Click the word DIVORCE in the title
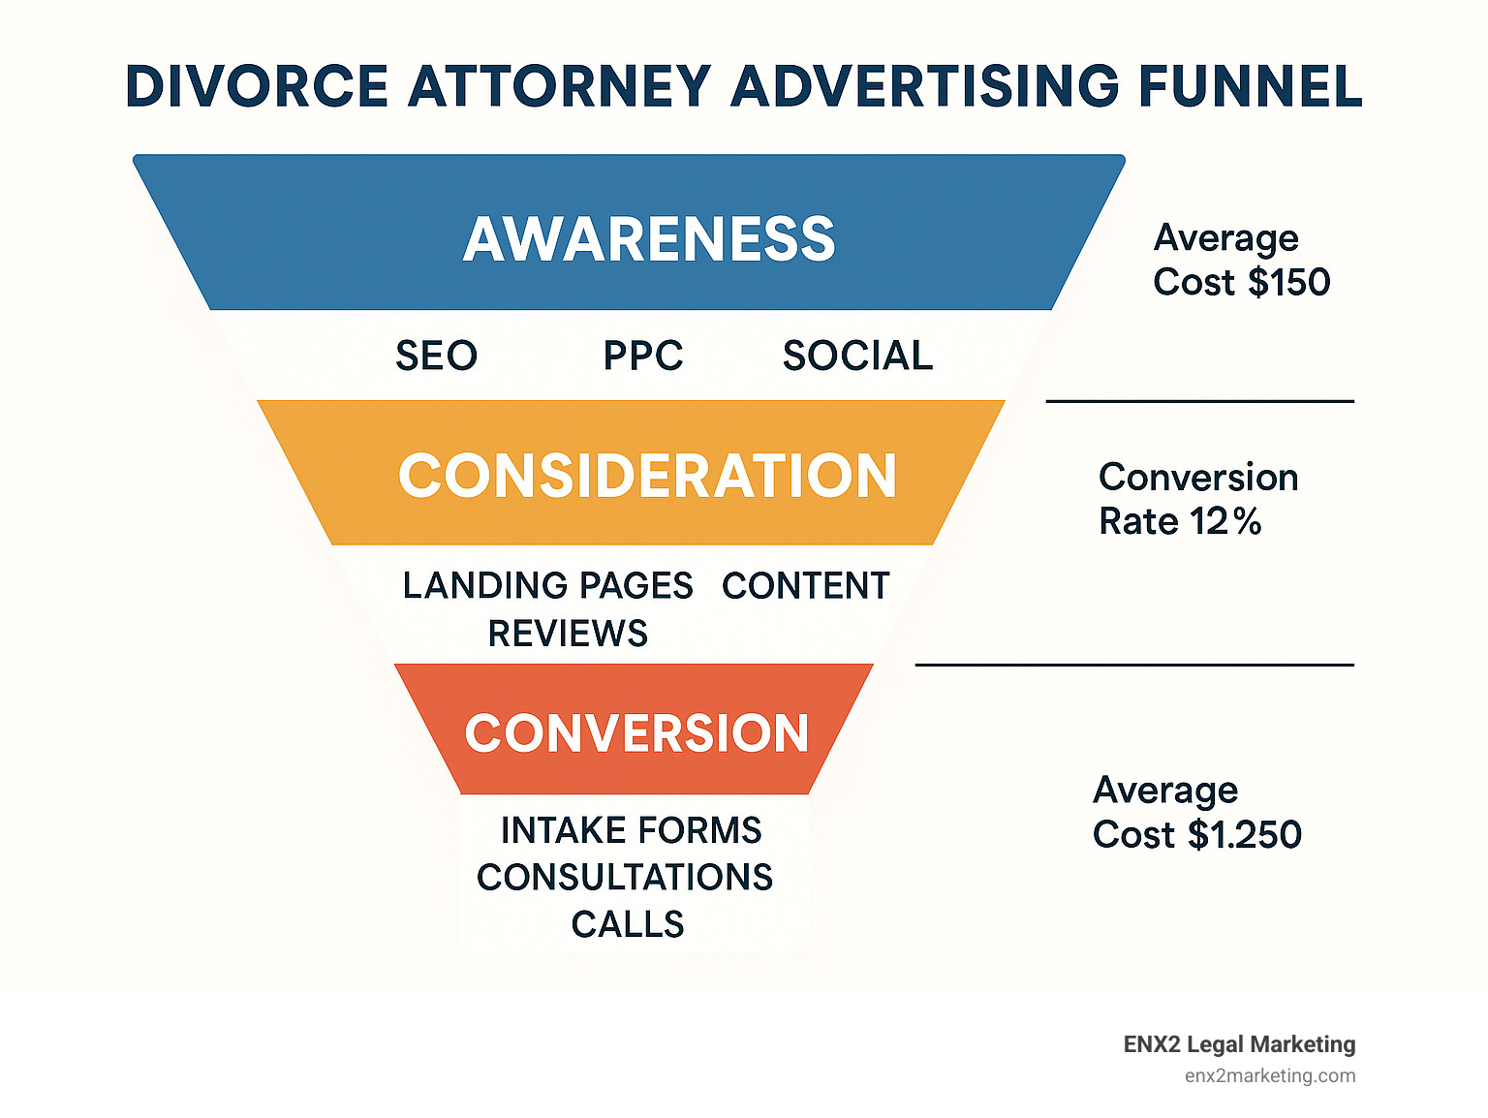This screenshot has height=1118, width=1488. [x=257, y=86]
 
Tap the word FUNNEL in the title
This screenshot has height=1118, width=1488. [x=1250, y=86]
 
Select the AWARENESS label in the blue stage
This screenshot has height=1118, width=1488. [x=649, y=238]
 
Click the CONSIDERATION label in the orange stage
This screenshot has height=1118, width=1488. [x=647, y=476]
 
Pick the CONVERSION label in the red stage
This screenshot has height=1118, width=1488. [x=636, y=732]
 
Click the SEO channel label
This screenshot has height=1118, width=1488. [x=436, y=356]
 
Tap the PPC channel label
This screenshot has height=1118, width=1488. [x=643, y=356]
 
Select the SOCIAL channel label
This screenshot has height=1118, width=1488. [x=857, y=356]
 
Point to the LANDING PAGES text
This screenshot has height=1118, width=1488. [x=547, y=585]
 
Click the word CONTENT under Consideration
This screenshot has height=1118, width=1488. [x=805, y=585]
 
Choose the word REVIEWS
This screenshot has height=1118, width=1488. [x=568, y=634]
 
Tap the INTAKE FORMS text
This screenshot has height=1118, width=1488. [x=631, y=830]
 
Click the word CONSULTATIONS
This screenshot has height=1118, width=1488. [x=625, y=877]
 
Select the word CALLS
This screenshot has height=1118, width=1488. [x=628, y=924]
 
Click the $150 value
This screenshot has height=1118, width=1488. [x=1289, y=282]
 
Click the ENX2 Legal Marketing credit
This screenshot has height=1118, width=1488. [x=1239, y=1044]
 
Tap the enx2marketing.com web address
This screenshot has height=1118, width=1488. [x=1269, y=1075]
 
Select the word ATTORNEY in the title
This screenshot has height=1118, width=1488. [x=559, y=86]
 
